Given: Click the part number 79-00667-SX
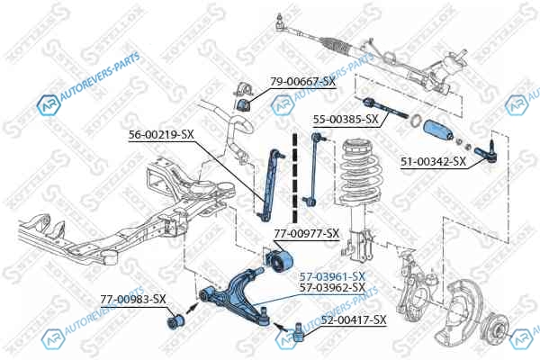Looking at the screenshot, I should (302, 82).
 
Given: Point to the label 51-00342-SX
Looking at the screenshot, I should (433, 161).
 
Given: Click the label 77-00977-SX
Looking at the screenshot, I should (306, 233).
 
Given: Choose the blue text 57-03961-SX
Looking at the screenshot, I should (332, 275).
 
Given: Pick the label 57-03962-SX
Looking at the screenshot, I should (332, 287).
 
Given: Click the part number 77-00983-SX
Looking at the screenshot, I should (132, 298).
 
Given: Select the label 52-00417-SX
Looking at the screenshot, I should (354, 319).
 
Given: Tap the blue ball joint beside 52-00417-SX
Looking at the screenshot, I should (299, 334).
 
